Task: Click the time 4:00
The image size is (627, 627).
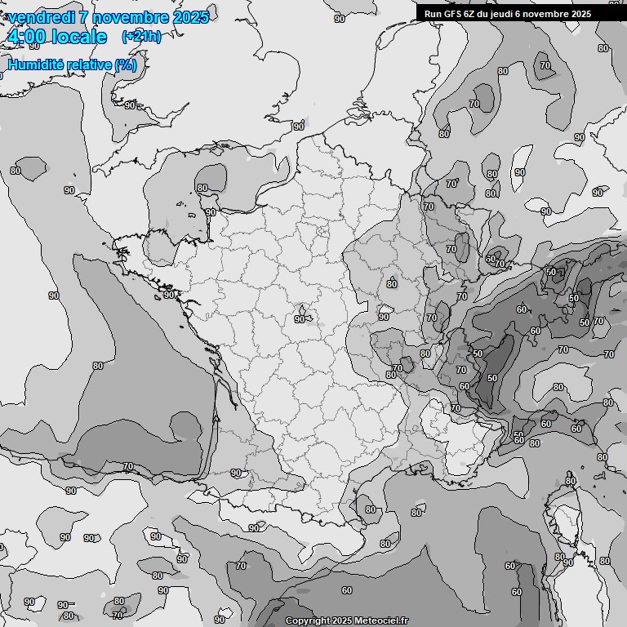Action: (25, 37)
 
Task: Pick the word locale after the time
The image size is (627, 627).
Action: (78, 37)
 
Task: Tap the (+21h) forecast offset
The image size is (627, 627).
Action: (141, 37)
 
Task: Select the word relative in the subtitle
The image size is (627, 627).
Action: (90, 65)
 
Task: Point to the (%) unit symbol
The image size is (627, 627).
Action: (125, 65)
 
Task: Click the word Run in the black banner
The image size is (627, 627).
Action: (433, 14)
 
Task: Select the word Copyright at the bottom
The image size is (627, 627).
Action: (307, 620)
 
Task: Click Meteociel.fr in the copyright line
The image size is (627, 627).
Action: (381, 620)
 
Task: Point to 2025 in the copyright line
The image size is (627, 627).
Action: (342, 620)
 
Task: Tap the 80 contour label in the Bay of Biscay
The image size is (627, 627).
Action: (98, 366)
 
